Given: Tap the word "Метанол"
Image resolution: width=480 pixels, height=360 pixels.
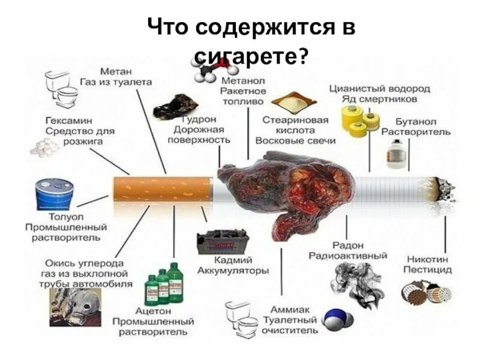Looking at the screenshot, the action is click(x=242, y=80).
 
